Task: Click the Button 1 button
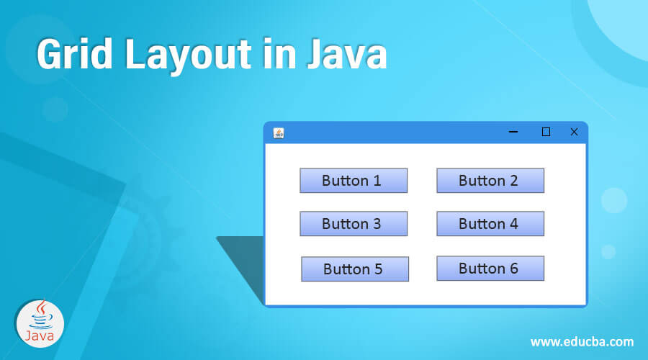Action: (x=354, y=181)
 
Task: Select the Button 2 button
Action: (x=490, y=181)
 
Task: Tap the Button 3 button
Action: (x=354, y=224)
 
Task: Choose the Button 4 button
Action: (x=490, y=224)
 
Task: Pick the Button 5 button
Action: (x=355, y=269)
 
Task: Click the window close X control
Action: (x=574, y=132)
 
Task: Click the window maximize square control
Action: (x=546, y=132)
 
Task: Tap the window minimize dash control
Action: (x=513, y=132)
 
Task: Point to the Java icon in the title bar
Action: (x=279, y=132)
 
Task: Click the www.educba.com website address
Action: (x=582, y=341)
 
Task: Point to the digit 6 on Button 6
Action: (x=513, y=269)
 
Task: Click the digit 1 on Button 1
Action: (x=377, y=181)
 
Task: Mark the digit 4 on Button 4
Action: (x=513, y=224)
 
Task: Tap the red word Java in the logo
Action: (x=40, y=336)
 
